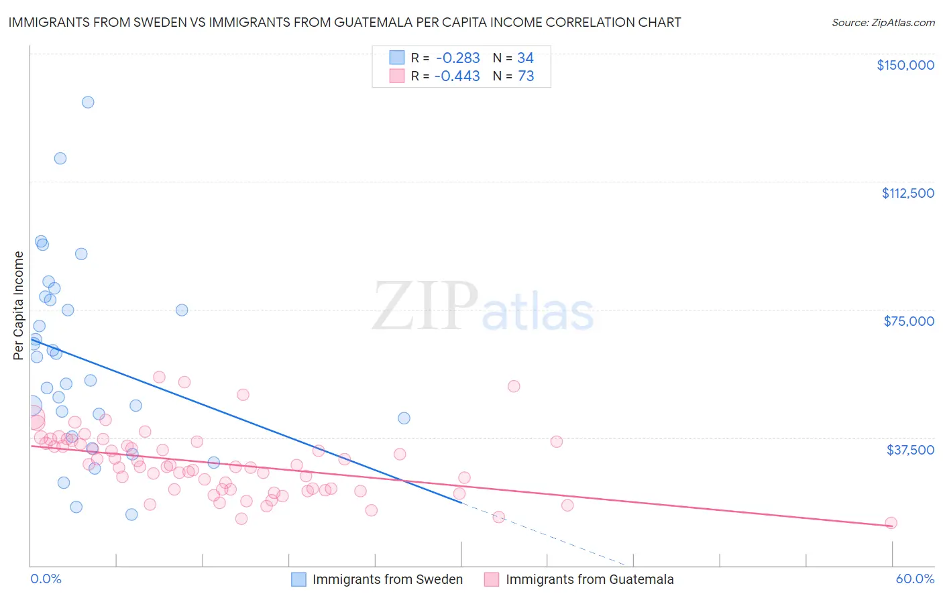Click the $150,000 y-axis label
905,65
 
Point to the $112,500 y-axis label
907,193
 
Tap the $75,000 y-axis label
909,321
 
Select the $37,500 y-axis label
910,450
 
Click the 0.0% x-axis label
46,579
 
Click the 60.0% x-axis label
914,579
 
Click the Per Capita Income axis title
19,306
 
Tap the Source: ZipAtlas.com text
883,23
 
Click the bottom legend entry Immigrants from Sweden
387,579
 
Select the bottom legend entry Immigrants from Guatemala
590,579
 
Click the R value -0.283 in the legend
457,58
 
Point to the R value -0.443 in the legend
457,76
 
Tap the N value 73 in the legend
526,76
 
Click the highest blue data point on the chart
88,103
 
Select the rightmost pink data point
891,523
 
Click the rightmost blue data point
404,418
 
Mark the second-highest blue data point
60,158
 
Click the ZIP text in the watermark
425,306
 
